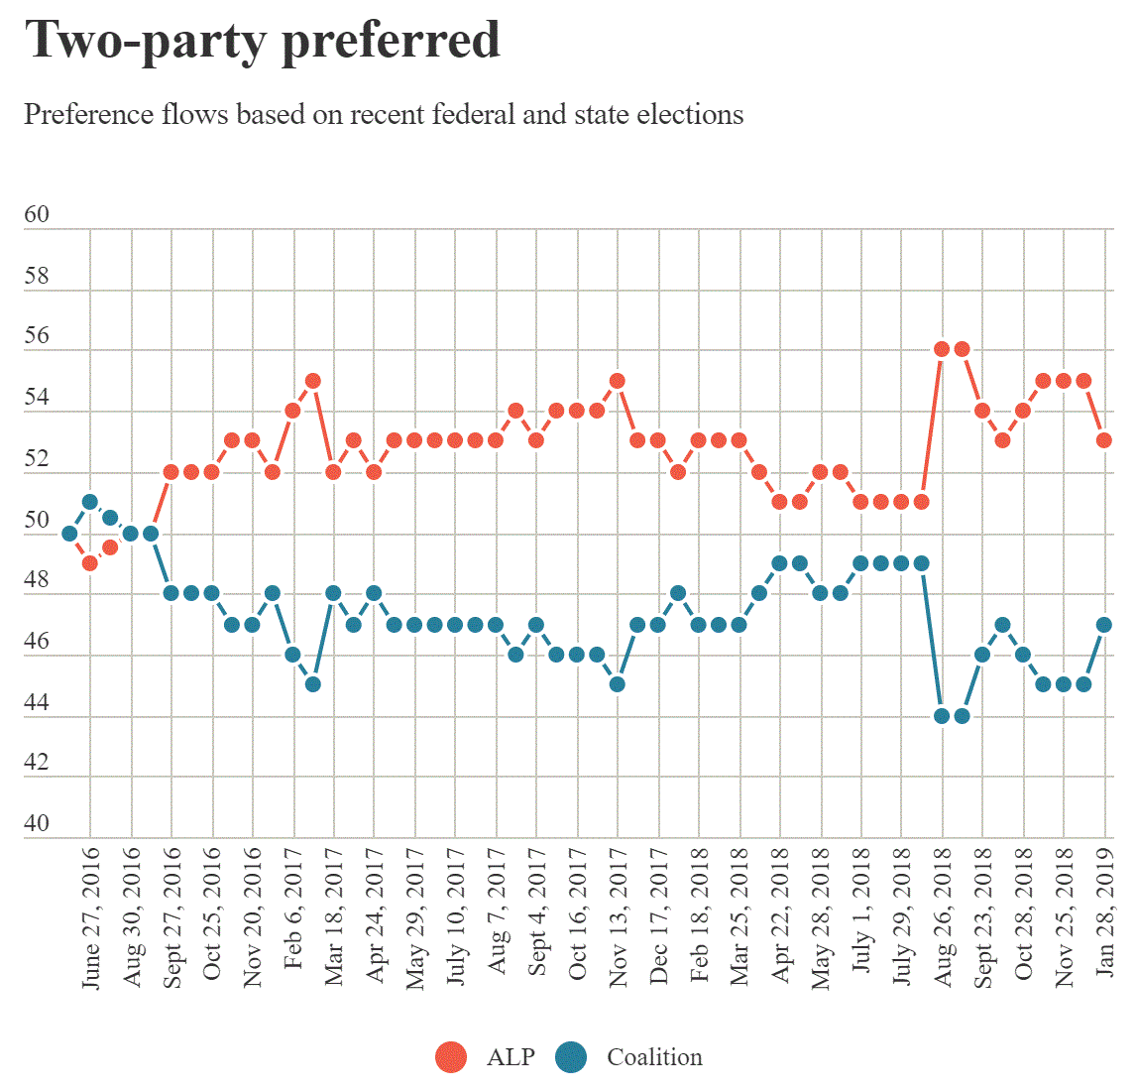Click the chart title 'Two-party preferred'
pos(263,41)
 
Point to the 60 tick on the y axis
pos(37,215)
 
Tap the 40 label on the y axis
pos(37,824)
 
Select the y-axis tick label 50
pos(37,521)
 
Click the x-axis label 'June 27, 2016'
pos(90,917)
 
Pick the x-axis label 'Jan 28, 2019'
pos(1105,912)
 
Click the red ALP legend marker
pos(451,1057)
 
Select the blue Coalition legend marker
pos(571,1057)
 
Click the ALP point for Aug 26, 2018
pos(942,349)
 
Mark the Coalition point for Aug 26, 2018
pos(942,715)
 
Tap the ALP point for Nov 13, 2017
pos(617,381)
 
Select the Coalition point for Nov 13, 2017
pos(617,684)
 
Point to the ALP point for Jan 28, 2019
pos(1104,440)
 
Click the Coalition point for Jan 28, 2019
pos(1104,624)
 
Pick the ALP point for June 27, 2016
pos(90,563)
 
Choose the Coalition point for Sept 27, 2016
pos(171,593)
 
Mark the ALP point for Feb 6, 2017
pos(292,411)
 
